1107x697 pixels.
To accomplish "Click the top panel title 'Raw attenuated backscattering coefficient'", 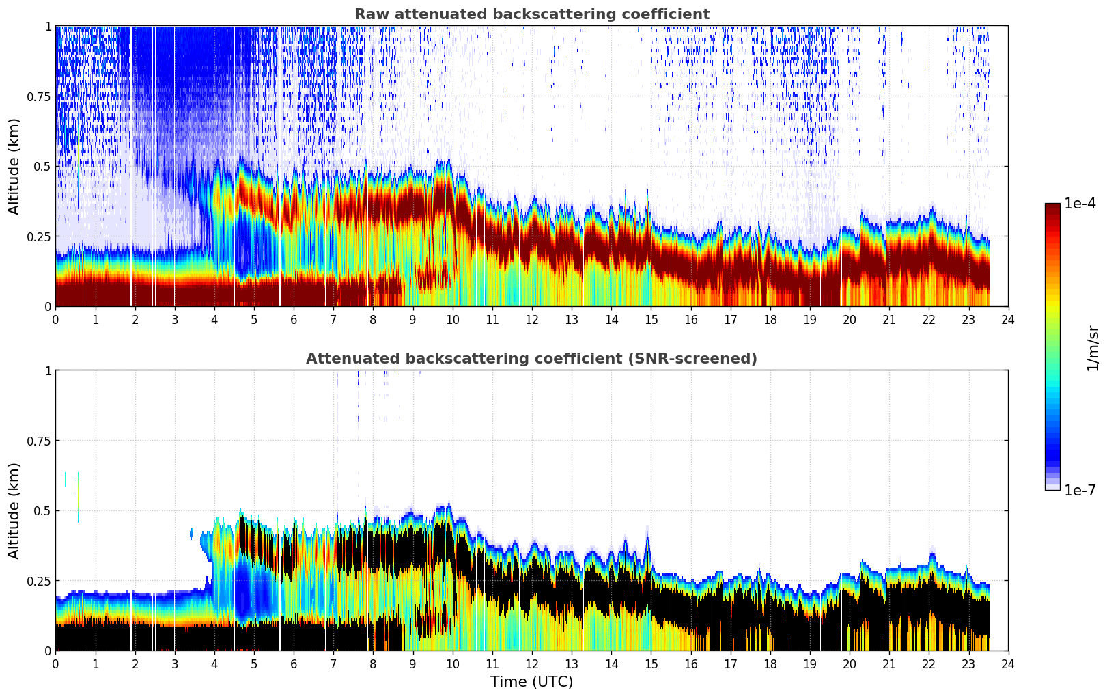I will (531, 14).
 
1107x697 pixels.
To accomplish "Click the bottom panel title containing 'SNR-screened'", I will (531, 359).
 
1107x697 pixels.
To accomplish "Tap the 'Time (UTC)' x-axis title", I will (531, 682).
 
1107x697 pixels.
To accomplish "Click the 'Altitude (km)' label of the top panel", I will (14, 166).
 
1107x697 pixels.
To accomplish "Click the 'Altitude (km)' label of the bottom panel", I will (14, 510).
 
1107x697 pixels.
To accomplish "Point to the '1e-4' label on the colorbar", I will (1080, 204).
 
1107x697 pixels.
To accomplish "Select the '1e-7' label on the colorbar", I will (1080, 490).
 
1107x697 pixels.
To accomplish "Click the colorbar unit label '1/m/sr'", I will (1093, 348).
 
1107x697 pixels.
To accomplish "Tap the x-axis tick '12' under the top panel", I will (532, 319).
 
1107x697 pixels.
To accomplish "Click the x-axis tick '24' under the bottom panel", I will (1008, 664).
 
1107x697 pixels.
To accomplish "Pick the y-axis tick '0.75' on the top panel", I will (39, 96).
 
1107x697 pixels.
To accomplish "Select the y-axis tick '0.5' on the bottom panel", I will (42, 510).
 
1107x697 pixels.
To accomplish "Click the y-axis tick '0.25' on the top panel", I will (39, 236).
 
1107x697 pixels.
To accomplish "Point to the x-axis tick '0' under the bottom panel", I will (56, 664).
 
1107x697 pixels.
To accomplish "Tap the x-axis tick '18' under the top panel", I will (770, 319).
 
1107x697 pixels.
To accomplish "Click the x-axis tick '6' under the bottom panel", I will (294, 664).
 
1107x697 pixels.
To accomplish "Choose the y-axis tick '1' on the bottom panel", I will (48, 370).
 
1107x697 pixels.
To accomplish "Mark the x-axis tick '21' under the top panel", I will (889, 319).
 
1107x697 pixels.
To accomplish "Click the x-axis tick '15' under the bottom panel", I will (651, 664).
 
